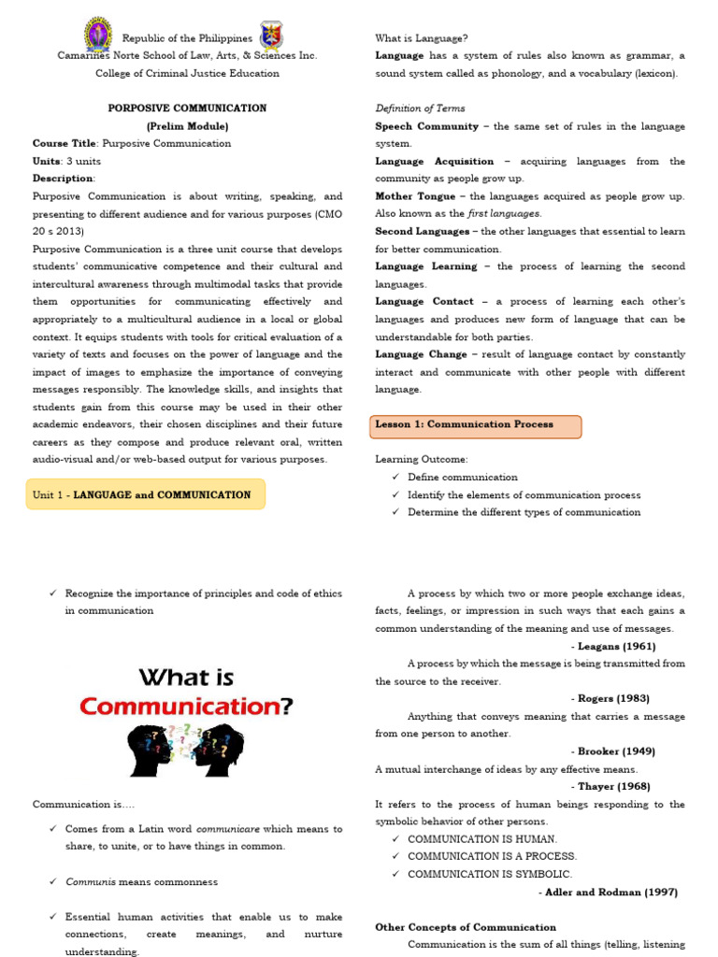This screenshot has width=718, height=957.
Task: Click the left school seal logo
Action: (x=98, y=36)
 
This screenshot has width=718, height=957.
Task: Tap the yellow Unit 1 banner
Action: (x=146, y=494)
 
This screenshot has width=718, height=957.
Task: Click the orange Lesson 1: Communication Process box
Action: (x=476, y=425)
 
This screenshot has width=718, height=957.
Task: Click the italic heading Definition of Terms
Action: (x=420, y=108)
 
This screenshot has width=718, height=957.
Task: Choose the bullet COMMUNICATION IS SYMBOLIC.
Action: (x=490, y=874)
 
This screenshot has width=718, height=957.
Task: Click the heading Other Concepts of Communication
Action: (x=466, y=927)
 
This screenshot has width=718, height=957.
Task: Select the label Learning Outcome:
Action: (x=422, y=460)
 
